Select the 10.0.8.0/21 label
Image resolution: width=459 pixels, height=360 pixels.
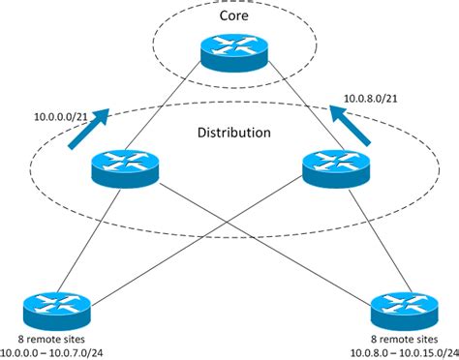[x=374, y=98]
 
